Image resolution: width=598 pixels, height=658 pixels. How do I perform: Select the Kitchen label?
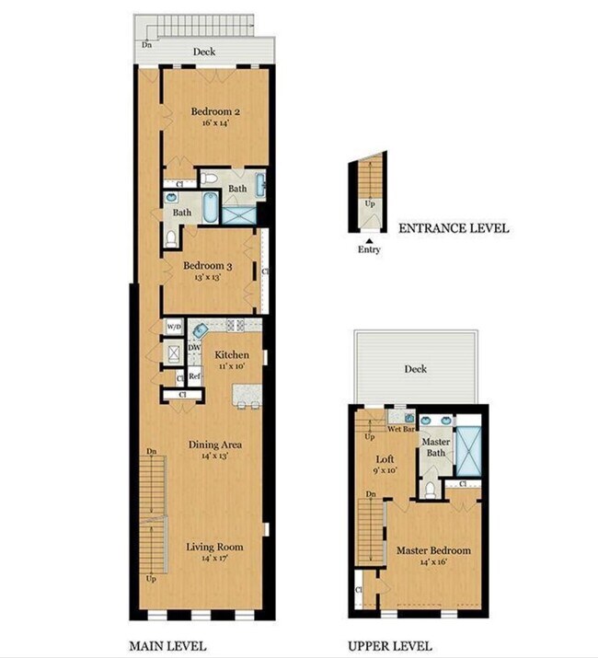231,354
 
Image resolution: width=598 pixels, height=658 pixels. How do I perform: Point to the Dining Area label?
215,445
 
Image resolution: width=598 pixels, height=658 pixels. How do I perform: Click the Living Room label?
213,548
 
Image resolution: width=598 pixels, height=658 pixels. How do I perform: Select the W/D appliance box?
173,327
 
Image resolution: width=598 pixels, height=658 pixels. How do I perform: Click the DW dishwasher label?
194,347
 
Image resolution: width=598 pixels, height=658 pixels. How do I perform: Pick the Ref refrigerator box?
194,375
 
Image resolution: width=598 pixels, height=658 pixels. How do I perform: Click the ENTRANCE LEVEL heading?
453,229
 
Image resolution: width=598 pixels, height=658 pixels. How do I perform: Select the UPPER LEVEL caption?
390,645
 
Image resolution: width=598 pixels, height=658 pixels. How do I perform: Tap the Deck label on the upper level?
416,369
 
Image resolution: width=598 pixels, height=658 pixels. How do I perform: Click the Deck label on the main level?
204,52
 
